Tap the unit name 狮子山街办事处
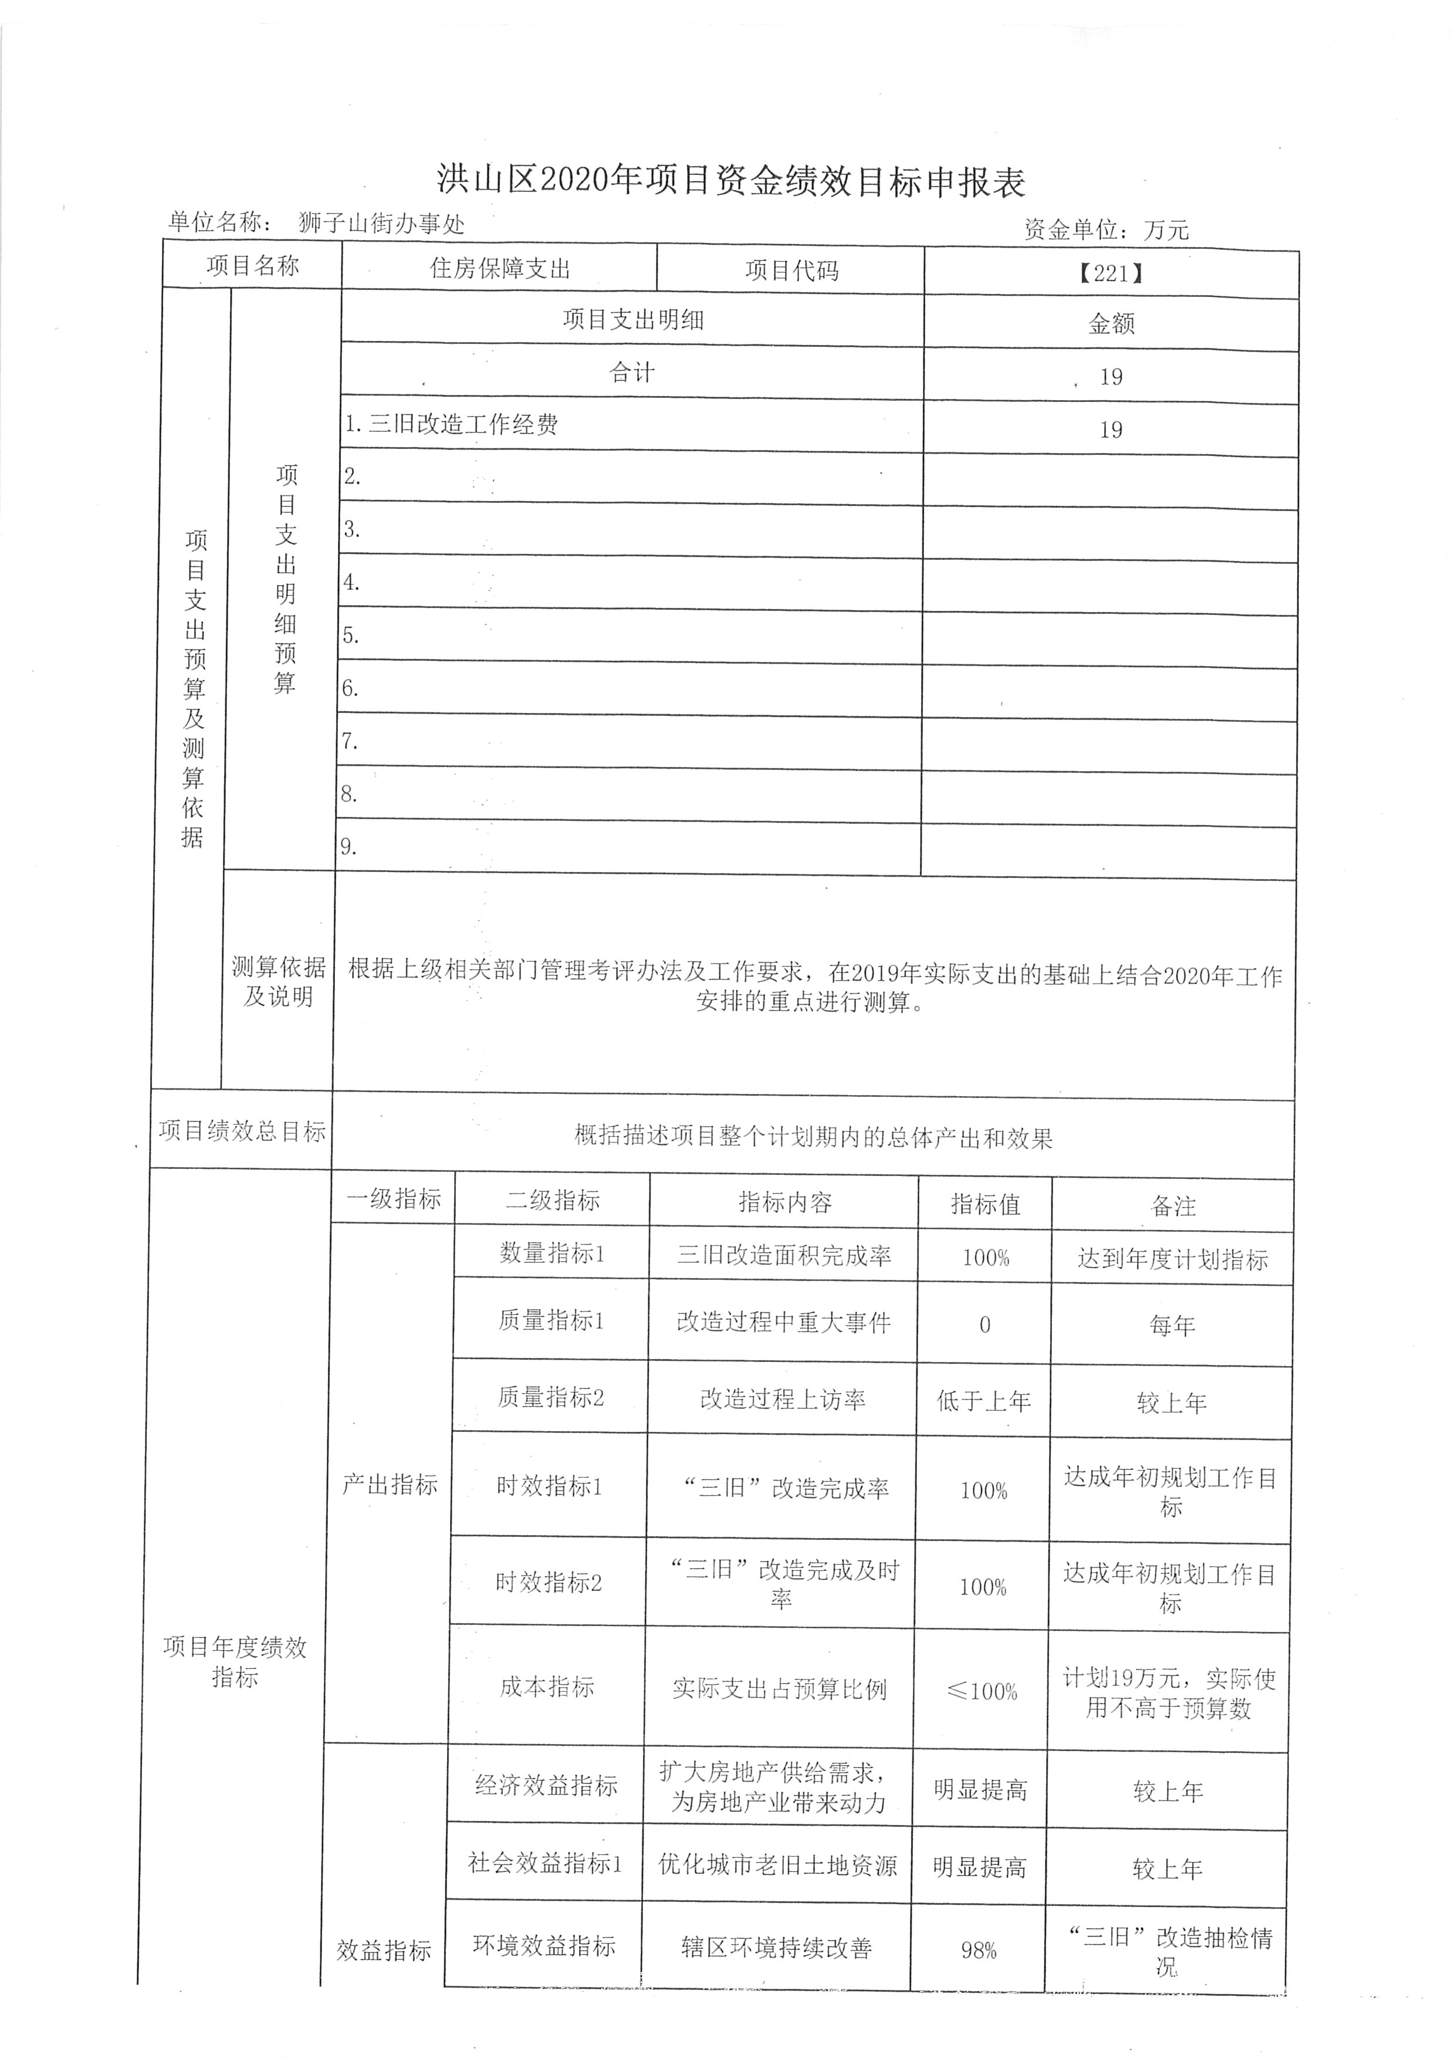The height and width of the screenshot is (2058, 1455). click(382, 223)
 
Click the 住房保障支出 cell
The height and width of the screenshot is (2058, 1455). click(499, 268)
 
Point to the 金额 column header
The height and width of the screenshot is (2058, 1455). click(1111, 323)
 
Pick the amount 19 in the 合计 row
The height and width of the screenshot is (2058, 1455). click(1111, 377)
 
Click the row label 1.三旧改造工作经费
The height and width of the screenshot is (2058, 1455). click(452, 424)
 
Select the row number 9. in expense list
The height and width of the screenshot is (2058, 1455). click(348, 846)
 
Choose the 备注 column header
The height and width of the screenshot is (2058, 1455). click(1173, 1205)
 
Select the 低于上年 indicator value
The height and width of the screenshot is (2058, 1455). click(984, 1401)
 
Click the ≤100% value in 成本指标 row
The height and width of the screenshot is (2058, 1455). click(982, 1691)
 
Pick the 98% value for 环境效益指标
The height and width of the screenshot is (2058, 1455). click(979, 1951)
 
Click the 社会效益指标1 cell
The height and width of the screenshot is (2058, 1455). click(544, 1864)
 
